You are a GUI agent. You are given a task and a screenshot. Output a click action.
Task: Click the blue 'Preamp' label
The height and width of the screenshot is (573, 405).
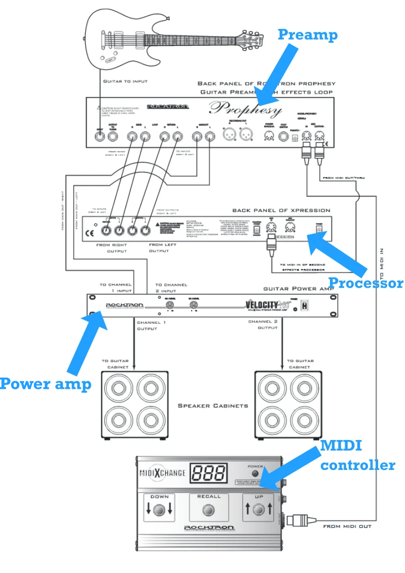pos(307,35)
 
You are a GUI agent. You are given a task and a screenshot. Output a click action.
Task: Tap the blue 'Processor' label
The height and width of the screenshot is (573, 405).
pos(365,283)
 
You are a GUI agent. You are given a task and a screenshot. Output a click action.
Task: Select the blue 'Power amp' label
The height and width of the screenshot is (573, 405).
pos(45,384)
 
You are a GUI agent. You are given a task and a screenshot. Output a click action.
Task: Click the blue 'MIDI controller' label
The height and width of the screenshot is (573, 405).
pos(357,455)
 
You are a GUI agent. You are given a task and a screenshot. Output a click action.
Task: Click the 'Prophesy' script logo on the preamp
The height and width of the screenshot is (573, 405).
pos(245,109)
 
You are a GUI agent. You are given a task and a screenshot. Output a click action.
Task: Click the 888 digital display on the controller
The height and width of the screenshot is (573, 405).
pos(209,473)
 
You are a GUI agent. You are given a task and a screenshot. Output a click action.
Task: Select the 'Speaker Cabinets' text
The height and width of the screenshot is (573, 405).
pos(212,406)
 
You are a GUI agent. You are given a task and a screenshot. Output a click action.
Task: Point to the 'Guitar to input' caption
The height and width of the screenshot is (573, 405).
pos(125,81)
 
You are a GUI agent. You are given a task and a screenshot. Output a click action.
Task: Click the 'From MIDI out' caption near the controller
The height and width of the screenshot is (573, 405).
pos(347,526)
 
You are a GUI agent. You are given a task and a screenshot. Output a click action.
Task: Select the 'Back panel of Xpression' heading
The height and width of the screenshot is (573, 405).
pos(281,210)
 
